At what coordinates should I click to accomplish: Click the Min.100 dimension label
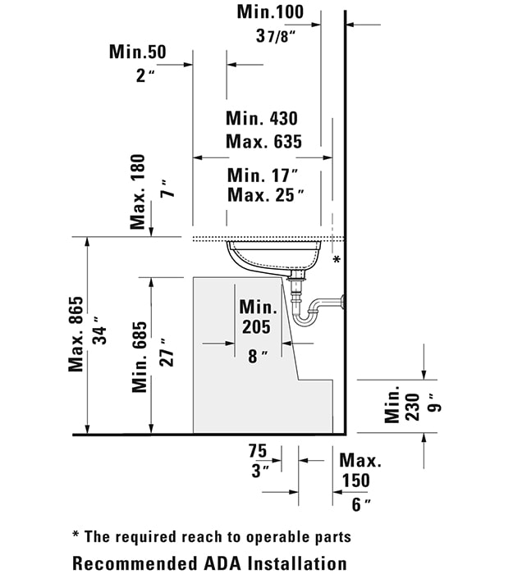[270, 11]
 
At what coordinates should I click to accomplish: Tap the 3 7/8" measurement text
[276, 36]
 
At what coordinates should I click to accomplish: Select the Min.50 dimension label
[137, 52]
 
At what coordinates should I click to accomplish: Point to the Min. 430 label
[262, 118]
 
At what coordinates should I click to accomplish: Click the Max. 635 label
[263, 142]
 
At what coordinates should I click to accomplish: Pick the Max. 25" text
[266, 195]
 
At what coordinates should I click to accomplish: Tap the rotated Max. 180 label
[138, 192]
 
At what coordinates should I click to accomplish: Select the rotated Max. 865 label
[76, 335]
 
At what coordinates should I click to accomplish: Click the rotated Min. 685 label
[140, 358]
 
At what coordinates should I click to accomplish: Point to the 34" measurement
[99, 330]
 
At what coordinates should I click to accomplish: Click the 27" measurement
[166, 353]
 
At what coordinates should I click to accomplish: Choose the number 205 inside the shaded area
[256, 327]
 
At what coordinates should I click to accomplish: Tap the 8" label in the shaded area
[258, 356]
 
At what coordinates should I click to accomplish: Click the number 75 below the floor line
[258, 451]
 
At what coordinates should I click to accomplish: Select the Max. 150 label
[360, 471]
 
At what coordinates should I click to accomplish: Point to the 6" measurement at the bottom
[361, 504]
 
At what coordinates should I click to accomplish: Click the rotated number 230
[413, 408]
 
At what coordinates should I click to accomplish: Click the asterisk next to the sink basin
[337, 260]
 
